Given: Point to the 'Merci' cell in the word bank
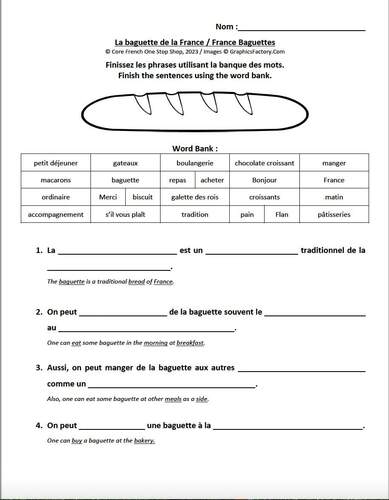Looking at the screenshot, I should click(108, 197).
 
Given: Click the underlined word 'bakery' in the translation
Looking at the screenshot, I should click(144, 440).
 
